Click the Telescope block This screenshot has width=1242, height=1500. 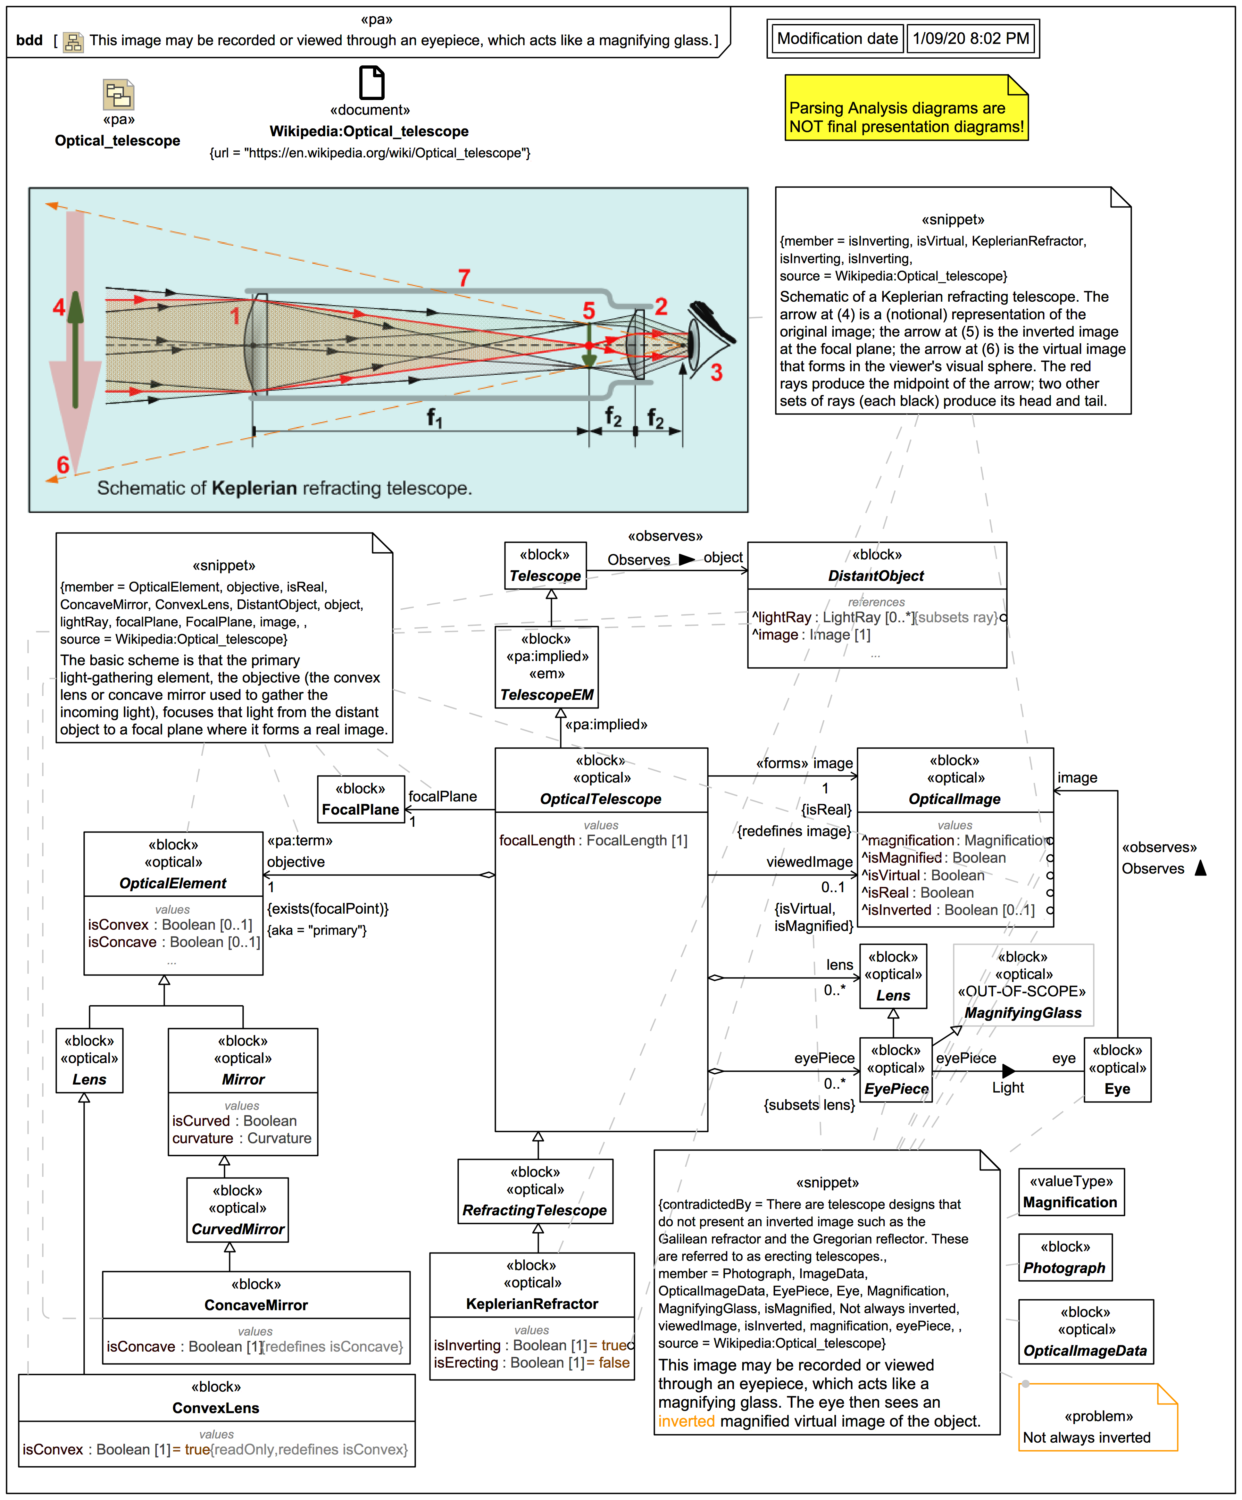(x=545, y=566)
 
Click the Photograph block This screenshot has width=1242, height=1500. (x=1064, y=1257)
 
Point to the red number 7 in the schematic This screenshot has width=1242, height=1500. (x=464, y=277)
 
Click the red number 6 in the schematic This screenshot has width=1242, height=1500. (x=63, y=465)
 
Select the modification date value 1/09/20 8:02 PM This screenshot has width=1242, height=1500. (x=971, y=38)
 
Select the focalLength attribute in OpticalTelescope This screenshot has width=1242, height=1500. (x=593, y=841)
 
